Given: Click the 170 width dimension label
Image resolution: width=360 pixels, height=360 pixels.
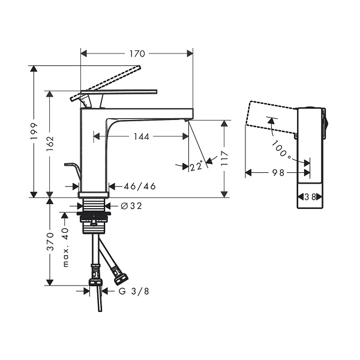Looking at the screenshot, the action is click(x=137, y=54).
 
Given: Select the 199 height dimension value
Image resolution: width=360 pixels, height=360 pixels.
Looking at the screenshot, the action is click(x=34, y=131).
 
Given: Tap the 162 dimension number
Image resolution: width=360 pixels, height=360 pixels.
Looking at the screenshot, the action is click(x=50, y=143).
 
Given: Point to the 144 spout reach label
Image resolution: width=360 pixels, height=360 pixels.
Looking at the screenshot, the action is click(x=142, y=137).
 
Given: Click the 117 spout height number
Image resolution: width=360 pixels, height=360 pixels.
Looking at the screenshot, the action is click(x=224, y=158).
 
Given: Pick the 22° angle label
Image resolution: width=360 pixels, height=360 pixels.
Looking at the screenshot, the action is click(x=197, y=166).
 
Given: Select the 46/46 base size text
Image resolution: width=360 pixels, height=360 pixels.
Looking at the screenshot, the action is click(x=140, y=186).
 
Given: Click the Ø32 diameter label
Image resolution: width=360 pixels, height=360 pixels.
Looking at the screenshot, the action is click(x=131, y=206).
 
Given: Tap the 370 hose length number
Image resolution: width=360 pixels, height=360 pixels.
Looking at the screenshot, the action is click(x=50, y=242).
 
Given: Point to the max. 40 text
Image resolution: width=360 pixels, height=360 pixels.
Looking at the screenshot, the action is click(x=65, y=247).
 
